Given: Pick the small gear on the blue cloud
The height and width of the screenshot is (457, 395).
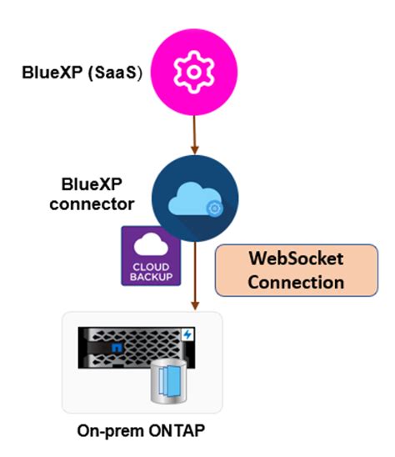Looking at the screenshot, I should (214, 208).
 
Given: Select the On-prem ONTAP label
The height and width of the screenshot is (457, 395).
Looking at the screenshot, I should (142, 432).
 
